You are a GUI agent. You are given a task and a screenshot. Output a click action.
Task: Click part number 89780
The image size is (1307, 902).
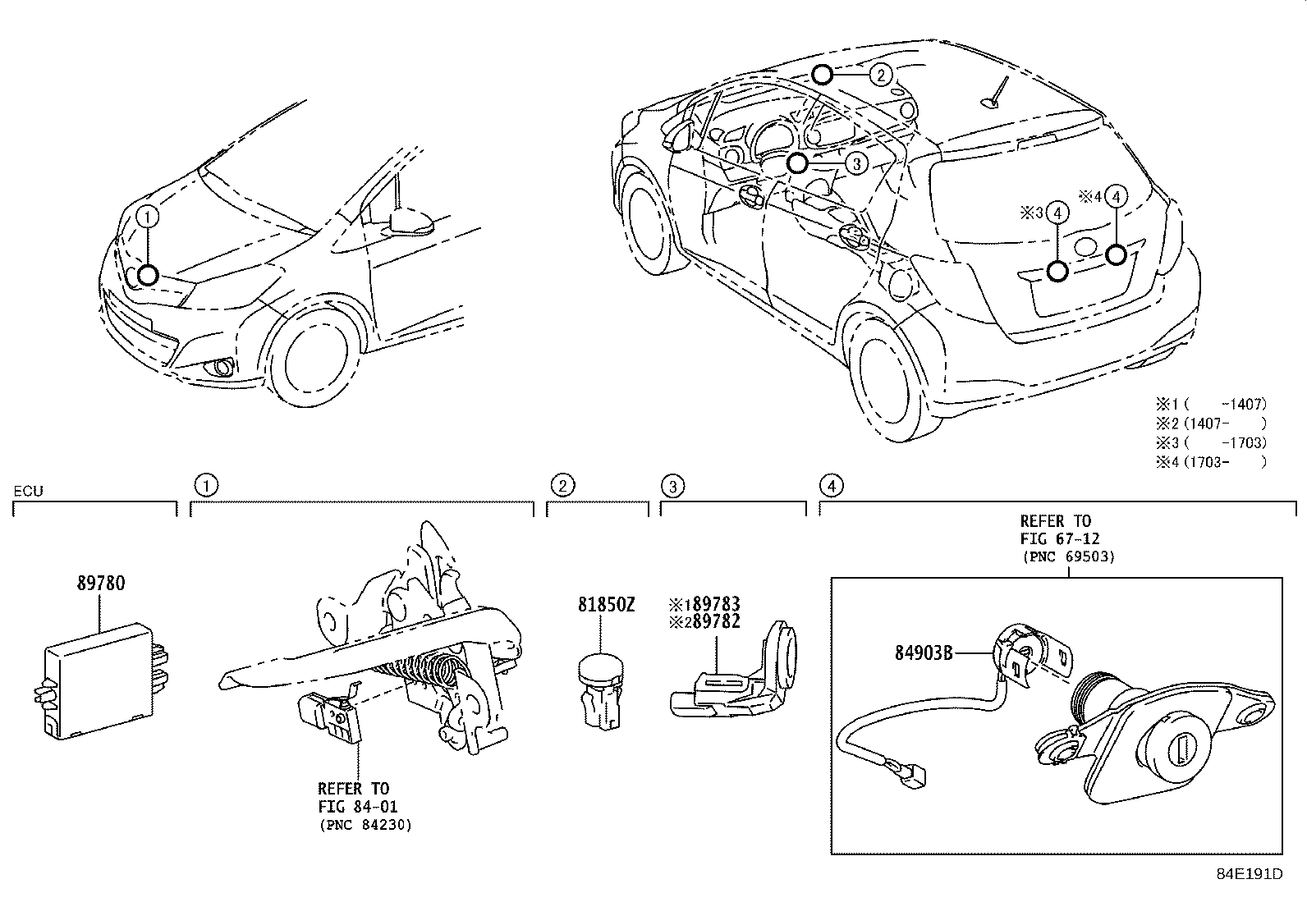pos(101,584)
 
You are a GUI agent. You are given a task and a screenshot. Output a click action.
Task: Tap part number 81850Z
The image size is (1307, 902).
pos(606,604)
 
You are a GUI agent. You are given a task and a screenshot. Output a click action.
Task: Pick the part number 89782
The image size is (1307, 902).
pos(712,622)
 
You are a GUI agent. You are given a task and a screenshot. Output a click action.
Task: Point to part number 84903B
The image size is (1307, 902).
pos(924,653)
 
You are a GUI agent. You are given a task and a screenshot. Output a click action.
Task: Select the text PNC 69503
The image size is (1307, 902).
pos(1068,556)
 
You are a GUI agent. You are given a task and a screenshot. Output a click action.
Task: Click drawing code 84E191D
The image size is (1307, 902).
pos(1249,873)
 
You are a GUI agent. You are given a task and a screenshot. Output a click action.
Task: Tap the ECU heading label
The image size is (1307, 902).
pos(28,492)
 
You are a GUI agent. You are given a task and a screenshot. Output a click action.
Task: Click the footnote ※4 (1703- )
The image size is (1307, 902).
pos(1212,461)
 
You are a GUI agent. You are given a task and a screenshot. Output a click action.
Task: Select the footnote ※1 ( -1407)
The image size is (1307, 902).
pos(1212,404)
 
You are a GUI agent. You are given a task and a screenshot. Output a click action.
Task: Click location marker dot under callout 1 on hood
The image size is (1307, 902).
pos(148,275)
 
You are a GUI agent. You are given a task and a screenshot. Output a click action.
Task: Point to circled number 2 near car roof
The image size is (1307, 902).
pos(880,76)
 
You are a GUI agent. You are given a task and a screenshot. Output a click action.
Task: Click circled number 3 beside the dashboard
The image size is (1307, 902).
pos(855,163)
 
